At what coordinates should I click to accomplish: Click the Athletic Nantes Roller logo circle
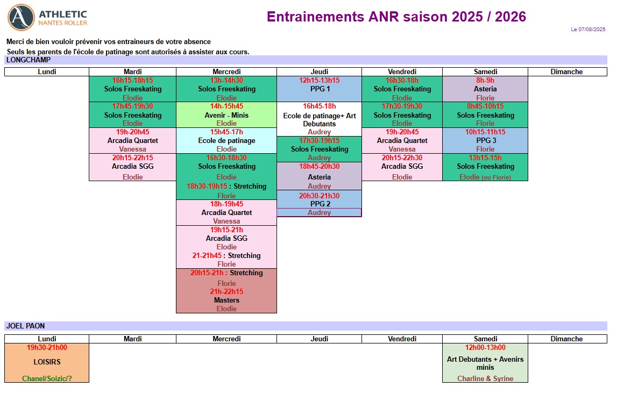(22, 18)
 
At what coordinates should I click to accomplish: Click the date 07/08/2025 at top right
(592, 30)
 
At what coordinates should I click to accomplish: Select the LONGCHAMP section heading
(29, 60)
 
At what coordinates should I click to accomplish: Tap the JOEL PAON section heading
(25, 326)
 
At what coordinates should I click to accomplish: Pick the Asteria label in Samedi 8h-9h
(485, 89)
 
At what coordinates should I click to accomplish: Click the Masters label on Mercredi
(226, 300)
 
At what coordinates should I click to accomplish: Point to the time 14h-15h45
(226, 106)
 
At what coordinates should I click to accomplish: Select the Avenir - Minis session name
(226, 116)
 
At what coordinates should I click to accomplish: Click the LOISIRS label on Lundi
(47, 362)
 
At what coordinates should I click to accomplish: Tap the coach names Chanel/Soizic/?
(47, 378)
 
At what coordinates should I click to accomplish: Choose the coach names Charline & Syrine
(485, 378)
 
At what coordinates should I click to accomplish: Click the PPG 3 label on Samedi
(486, 140)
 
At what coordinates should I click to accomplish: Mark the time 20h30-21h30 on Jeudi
(319, 196)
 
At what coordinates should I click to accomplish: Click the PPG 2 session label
(320, 204)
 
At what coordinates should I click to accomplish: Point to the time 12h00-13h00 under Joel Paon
(485, 347)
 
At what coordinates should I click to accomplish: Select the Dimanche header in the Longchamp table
(566, 72)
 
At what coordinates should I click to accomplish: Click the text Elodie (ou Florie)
(485, 177)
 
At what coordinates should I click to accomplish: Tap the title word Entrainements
(315, 17)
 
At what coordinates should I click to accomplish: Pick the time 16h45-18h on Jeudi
(319, 106)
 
